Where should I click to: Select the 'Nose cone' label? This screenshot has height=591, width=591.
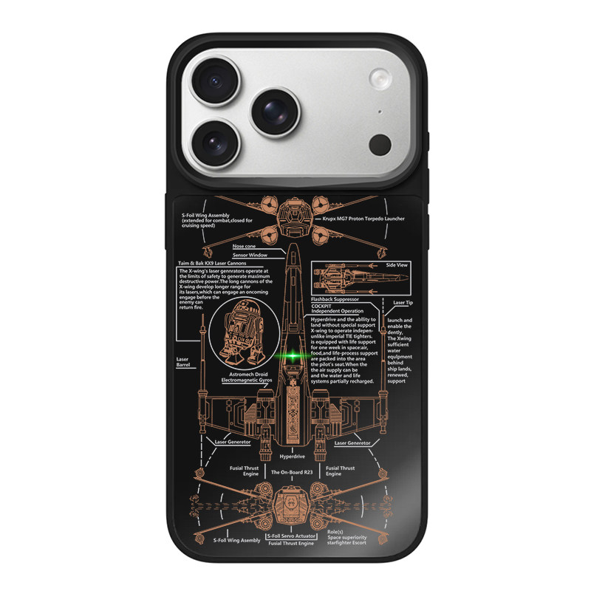(246, 246)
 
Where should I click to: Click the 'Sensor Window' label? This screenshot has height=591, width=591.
(250, 255)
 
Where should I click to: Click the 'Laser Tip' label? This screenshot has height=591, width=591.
(403, 303)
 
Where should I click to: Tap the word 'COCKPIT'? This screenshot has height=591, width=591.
(322, 305)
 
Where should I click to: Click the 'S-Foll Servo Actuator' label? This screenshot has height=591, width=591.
(292, 535)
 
